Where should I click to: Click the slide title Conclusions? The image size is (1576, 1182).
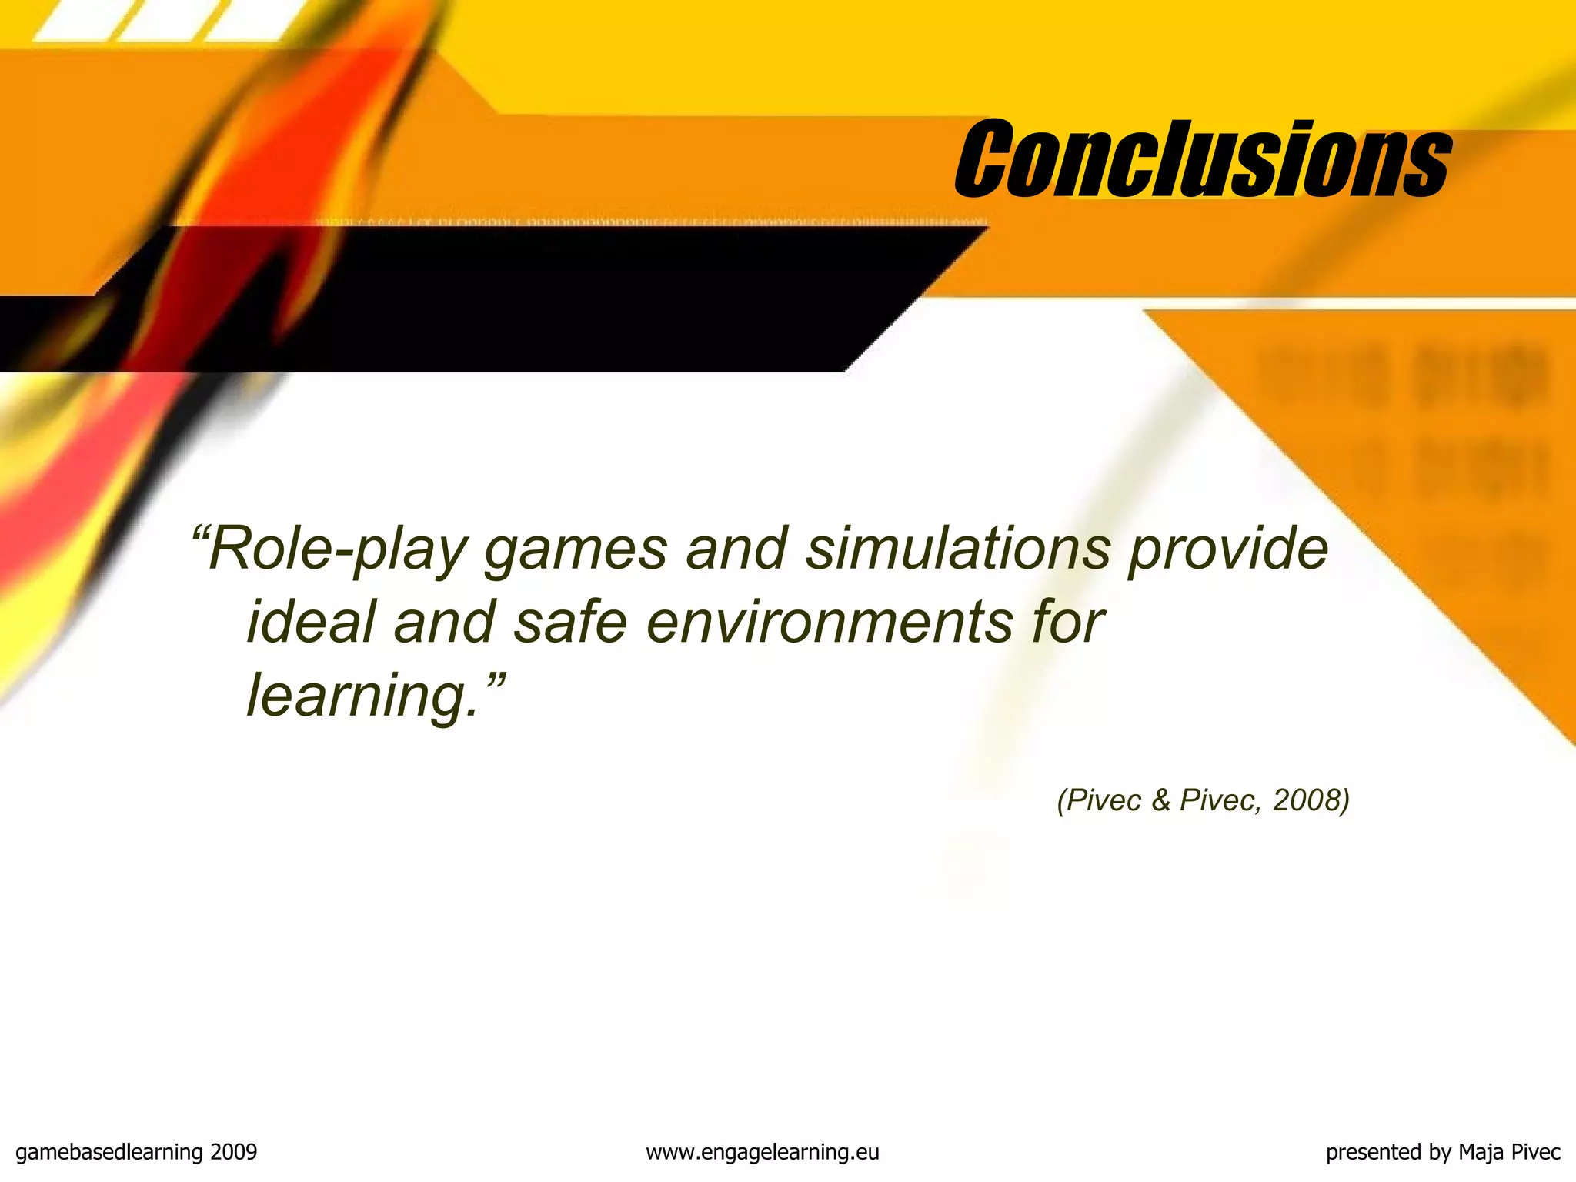pyautogui.click(x=1202, y=159)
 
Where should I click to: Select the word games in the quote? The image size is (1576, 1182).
pyautogui.click(x=576, y=549)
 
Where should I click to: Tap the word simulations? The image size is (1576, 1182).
pyautogui.click(x=958, y=549)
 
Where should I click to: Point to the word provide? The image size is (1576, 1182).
pyautogui.click(x=1228, y=549)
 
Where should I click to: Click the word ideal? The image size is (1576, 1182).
pyautogui.click(x=311, y=622)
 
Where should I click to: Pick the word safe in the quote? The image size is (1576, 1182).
pyautogui.click(x=570, y=622)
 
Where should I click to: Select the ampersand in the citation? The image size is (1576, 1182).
pyautogui.click(x=1160, y=800)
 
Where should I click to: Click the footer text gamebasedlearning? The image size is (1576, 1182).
pyautogui.click(x=109, y=1152)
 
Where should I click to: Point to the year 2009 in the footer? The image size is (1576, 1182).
pyautogui.click(x=233, y=1152)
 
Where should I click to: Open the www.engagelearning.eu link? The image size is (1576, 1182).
pyautogui.click(x=762, y=1152)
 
